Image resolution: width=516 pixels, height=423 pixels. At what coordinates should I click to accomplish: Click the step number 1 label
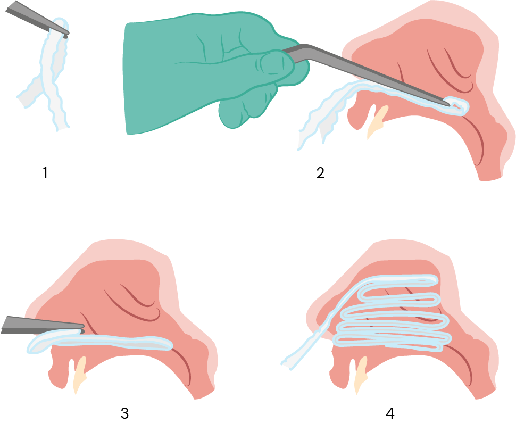click(x=45, y=173)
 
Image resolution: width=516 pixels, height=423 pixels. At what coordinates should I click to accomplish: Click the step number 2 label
click(x=320, y=173)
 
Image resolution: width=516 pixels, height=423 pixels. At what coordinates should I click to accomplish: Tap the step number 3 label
click(x=124, y=413)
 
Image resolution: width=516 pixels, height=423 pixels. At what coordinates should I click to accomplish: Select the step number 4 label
click(x=390, y=413)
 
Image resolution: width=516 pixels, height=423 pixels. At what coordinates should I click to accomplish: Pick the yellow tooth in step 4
click(x=361, y=374)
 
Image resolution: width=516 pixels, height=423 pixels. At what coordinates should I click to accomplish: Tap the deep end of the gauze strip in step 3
click(x=166, y=344)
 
